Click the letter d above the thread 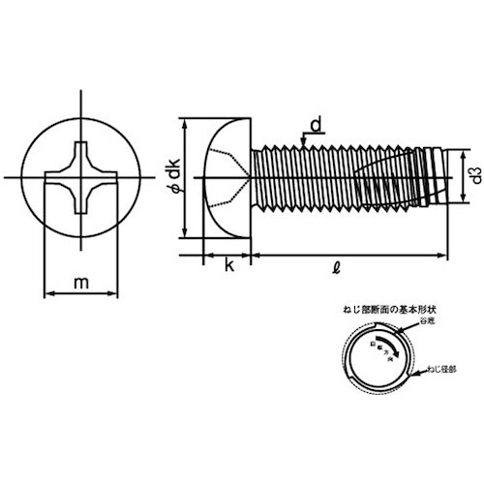pos(317,123)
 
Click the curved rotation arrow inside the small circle pos(379,348)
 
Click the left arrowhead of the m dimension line pos(49,291)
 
